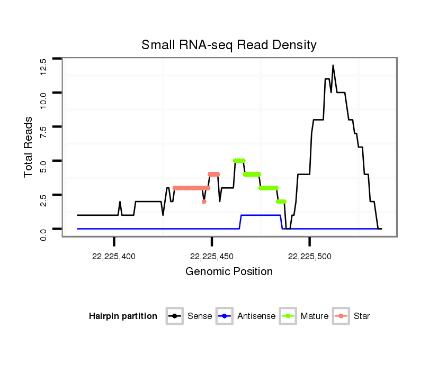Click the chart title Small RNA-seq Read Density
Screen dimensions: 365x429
click(229, 45)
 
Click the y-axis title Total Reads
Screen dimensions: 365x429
click(29, 147)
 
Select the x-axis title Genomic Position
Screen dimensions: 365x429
click(229, 272)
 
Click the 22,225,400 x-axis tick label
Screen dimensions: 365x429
click(114, 256)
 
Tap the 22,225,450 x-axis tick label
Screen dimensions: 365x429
click(212, 256)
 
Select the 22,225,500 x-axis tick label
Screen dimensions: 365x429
click(310, 256)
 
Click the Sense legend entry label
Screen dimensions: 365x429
click(199, 316)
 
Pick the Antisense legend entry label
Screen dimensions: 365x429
click(256, 316)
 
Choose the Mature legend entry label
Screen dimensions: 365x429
click(314, 316)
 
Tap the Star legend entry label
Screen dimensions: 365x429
click(362, 316)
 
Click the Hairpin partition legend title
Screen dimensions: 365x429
click(123, 316)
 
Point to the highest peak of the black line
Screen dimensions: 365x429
click(333, 66)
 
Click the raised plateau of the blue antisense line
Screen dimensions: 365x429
click(261, 215)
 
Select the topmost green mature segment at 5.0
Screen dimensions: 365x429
click(239, 160)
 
